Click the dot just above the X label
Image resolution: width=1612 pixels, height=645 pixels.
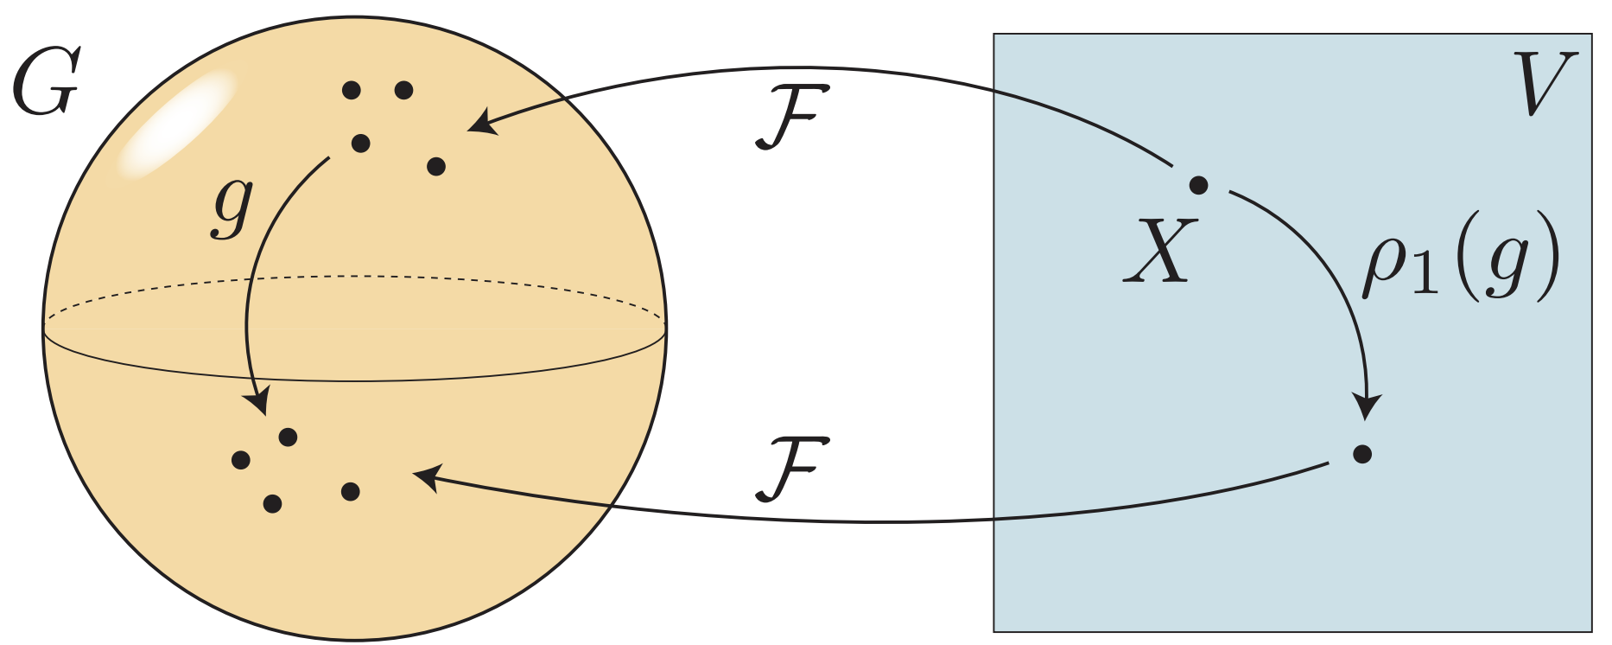click(x=1198, y=184)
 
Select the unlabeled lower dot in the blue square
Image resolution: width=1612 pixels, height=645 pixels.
click(x=1362, y=454)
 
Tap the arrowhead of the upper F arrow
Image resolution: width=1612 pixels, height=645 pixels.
click(x=479, y=123)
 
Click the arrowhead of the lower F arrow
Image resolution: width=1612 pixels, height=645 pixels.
click(x=426, y=476)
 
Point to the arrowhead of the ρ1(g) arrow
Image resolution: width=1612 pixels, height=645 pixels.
click(x=1367, y=407)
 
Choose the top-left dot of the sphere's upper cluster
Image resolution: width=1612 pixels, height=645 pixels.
click(x=352, y=90)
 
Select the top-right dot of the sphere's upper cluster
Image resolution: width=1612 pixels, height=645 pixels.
click(x=403, y=90)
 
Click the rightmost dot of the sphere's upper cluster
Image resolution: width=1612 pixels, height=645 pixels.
click(x=436, y=166)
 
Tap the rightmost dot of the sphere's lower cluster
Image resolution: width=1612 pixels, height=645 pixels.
click(x=350, y=492)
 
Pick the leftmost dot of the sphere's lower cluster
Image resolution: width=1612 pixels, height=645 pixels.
click(x=241, y=460)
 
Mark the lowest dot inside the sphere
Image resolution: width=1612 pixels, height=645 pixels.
click(x=272, y=503)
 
